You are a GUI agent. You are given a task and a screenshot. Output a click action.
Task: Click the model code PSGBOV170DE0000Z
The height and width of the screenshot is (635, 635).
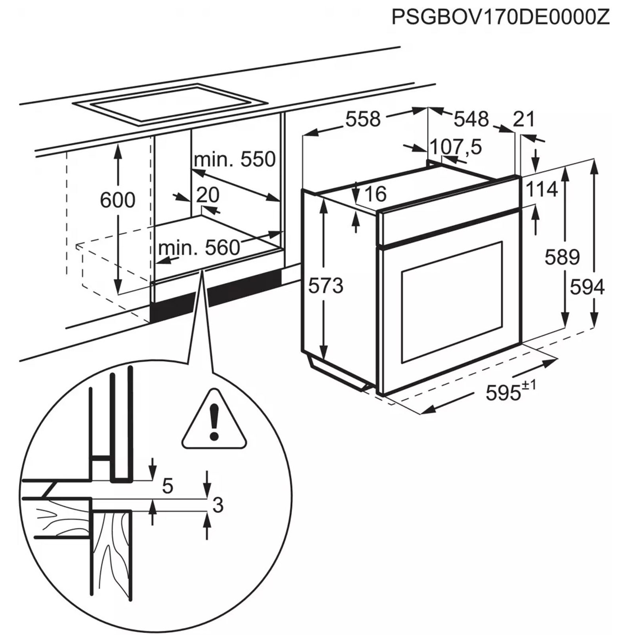pyautogui.click(x=500, y=17)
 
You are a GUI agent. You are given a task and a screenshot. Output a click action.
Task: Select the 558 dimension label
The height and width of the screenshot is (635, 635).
pyautogui.click(x=363, y=119)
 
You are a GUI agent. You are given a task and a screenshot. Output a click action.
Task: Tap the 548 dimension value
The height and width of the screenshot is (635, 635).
pyautogui.click(x=471, y=119)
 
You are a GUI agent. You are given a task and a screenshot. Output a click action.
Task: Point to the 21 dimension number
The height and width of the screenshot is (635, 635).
pyautogui.click(x=524, y=119)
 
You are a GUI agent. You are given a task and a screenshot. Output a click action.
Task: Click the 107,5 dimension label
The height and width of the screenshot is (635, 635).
pyautogui.click(x=456, y=147)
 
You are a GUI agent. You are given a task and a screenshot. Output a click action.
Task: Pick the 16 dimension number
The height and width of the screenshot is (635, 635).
pyautogui.click(x=375, y=194)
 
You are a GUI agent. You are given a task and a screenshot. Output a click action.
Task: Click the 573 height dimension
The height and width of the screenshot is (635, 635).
pyautogui.click(x=326, y=286)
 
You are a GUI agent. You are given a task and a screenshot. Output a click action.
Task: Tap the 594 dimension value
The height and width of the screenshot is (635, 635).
pyautogui.click(x=587, y=287)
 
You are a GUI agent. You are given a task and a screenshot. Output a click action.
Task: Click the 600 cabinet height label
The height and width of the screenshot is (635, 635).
pyautogui.click(x=117, y=200)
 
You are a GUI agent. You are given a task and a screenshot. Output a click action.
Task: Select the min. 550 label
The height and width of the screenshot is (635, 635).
pyautogui.click(x=235, y=160)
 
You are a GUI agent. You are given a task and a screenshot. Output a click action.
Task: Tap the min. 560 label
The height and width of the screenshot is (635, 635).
pyautogui.click(x=199, y=248)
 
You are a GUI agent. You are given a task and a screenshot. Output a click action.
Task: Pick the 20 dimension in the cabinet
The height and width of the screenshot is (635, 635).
pyautogui.click(x=208, y=195)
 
